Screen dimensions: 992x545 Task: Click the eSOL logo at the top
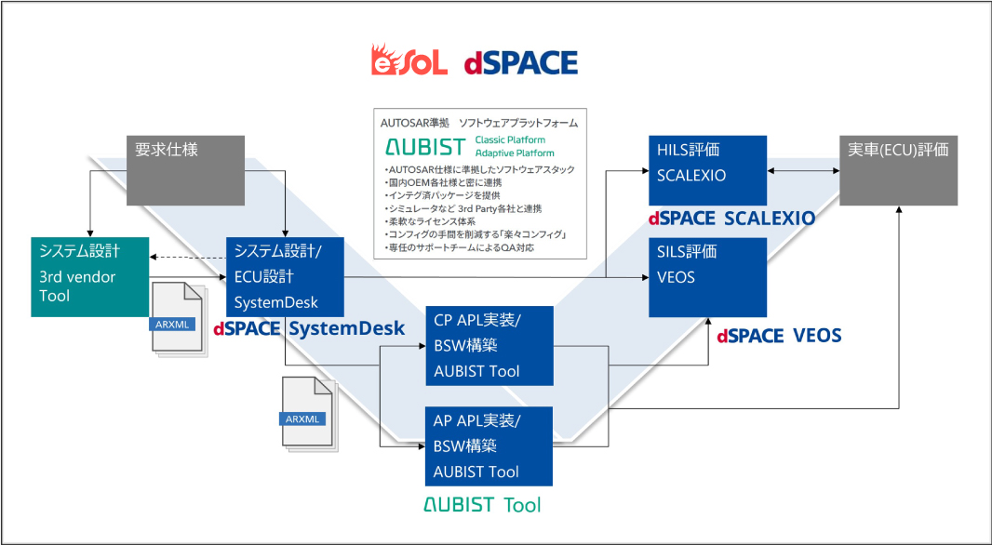409,60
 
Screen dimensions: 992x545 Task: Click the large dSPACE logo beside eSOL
521,63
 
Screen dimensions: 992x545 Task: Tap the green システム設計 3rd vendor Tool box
90,277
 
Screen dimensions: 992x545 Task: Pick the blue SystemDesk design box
286,277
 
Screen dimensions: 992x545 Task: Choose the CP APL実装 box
489,346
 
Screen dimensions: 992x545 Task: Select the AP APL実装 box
489,446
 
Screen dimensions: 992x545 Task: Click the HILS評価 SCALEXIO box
708,170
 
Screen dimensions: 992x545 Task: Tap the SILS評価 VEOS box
708,277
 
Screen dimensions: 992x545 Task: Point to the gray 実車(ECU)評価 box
898,170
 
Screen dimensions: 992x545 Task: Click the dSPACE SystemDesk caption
309,329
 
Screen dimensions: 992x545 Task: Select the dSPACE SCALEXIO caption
731,219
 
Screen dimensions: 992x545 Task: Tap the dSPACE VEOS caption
779,336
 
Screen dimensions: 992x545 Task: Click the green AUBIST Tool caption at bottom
481,504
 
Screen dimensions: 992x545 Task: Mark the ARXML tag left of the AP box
303,419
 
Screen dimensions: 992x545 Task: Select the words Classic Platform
510,140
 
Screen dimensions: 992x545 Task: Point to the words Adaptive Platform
515,153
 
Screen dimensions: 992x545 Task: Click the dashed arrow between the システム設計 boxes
188,258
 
